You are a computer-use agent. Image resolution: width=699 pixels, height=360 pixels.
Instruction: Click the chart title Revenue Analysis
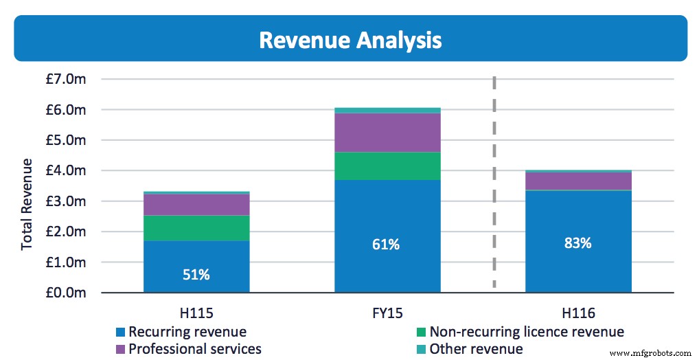[350, 40]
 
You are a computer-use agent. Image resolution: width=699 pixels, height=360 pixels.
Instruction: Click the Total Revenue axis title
[27, 204]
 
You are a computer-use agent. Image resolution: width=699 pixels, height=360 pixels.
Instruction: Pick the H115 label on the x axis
[196, 312]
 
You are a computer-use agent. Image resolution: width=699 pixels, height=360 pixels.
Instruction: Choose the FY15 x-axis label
[387, 312]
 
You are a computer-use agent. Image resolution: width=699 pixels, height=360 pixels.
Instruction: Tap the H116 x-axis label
[578, 312]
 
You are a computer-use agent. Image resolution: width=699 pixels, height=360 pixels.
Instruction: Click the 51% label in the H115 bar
[196, 274]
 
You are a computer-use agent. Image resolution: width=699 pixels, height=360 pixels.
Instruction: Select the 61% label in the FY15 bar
[387, 244]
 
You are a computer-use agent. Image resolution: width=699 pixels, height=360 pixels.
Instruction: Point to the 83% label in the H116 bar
[578, 243]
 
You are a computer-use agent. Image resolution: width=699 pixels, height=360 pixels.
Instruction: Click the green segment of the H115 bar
[196, 228]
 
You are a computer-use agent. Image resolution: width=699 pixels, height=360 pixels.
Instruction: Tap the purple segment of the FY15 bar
[387, 133]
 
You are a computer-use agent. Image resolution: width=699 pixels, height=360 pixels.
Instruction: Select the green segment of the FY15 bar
[387, 166]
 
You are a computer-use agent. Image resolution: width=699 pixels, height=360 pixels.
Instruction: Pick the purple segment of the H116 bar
[578, 181]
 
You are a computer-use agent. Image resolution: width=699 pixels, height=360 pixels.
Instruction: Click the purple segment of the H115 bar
[196, 205]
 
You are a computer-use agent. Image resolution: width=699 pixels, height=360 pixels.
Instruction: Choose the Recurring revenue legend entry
[181, 332]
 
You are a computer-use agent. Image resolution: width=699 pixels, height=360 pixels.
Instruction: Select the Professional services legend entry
[188, 349]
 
